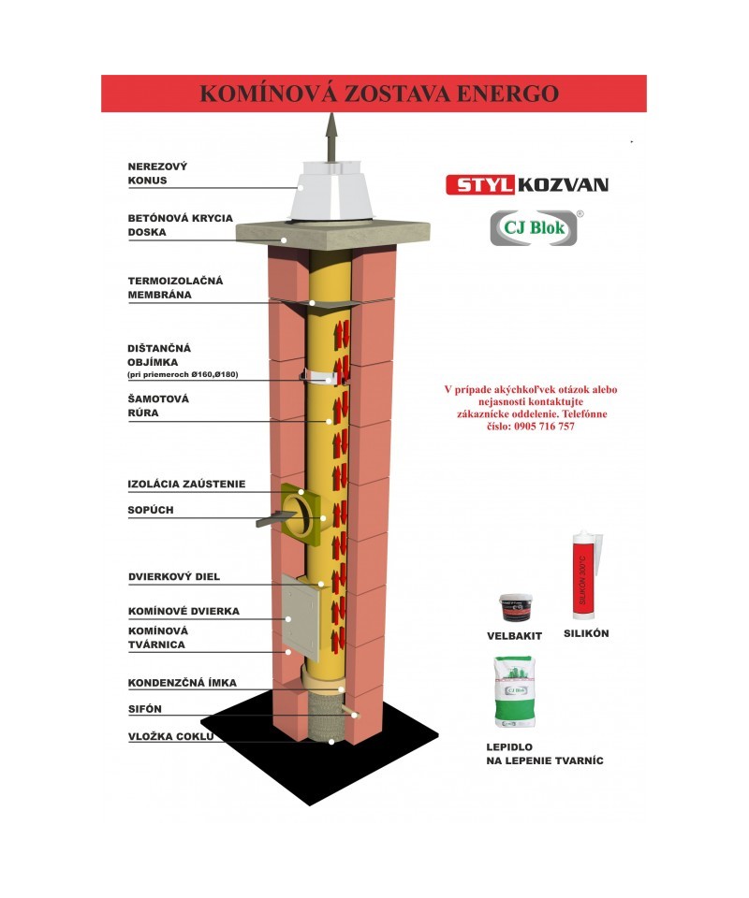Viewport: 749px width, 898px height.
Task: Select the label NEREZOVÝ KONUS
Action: click(157, 173)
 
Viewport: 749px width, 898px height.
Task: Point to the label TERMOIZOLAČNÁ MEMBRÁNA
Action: click(175, 287)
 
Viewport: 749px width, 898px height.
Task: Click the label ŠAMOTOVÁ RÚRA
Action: click(158, 405)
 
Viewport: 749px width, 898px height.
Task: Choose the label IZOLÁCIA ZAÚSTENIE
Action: click(186, 485)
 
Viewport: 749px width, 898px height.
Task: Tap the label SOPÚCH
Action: click(151, 510)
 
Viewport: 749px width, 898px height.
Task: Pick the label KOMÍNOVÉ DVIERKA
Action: click(184, 611)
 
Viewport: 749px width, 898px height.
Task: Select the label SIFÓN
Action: click(145, 709)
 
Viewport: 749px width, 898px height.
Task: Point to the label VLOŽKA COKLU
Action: click(170, 736)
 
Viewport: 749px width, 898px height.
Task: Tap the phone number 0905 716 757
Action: click(544, 427)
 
